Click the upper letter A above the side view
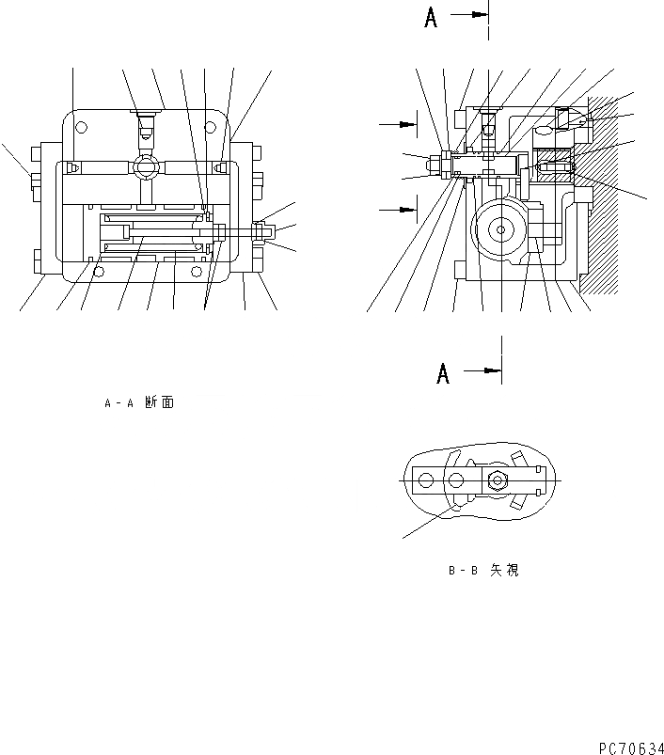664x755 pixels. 431,17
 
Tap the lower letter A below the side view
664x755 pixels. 443,373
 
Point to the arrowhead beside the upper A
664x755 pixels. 481,15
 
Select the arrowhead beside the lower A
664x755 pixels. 493,370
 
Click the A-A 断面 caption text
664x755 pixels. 139,403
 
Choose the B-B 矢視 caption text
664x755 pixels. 482,570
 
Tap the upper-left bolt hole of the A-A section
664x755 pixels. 82,127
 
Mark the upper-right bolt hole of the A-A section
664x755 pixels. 213,127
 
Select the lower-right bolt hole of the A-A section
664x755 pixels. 197,273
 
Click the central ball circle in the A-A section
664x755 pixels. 146,168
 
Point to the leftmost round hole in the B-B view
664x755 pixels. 427,480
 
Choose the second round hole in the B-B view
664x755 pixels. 457,480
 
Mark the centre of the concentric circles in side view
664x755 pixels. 501,228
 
